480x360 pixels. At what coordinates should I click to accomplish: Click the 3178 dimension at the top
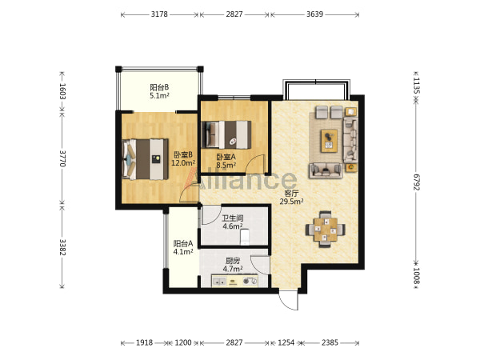click(159, 14)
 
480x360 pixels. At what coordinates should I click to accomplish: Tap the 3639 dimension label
click(314, 14)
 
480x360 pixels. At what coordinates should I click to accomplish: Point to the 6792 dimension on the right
click(416, 182)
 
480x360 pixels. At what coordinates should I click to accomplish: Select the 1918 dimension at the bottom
click(144, 342)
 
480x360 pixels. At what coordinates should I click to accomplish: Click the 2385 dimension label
click(330, 342)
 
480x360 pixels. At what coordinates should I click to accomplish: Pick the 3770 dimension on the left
click(62, 158)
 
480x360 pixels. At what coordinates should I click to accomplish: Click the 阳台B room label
click(159, 87)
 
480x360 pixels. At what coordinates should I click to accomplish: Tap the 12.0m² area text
click(183, 163)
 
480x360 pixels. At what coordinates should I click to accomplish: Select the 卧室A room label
click(226, 157)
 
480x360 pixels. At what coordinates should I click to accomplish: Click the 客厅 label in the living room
click(291, 194)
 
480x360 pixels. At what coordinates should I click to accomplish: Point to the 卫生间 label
click(233, 218)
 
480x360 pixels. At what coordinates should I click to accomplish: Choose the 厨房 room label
click(233, 261)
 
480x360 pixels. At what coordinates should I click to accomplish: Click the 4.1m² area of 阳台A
click(183, 252)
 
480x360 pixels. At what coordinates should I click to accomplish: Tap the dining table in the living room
click(326, 230)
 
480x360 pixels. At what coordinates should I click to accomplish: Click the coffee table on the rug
click(329, 141)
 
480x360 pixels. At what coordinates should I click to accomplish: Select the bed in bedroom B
click(146, 159)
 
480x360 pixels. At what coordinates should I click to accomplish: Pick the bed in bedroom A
click(226, 135)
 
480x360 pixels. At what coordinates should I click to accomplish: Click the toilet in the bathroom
click(244, 238)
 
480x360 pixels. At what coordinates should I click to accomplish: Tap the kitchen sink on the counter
click(219, 282)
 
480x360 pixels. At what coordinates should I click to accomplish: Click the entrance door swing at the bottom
click(288, 302)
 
